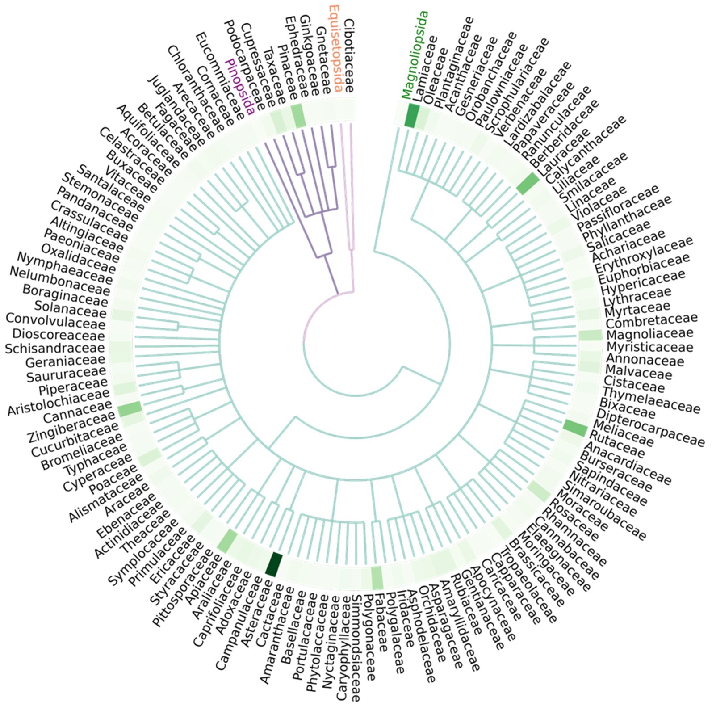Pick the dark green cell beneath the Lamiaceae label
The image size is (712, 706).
coord(411,115)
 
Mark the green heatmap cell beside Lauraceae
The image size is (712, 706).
coord(528,183)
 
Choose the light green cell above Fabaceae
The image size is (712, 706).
coord(377,577)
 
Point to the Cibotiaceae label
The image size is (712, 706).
coord(349,56)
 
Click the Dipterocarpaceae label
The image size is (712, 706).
coord(650,427)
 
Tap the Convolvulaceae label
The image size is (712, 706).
coord(55,320)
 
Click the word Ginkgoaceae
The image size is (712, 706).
coord(309,56)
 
